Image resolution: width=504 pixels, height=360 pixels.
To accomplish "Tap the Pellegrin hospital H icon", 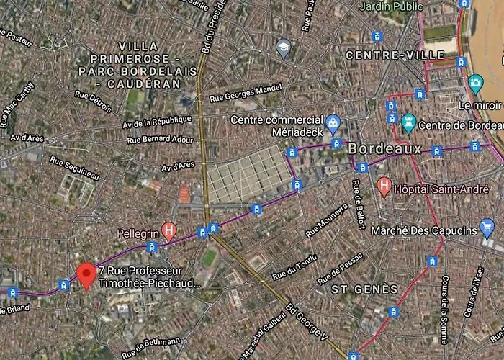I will point(169,231).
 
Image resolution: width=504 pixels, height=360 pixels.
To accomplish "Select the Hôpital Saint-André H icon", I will point(384,187).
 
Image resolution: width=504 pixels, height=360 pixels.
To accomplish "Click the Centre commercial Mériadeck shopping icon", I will point(333,123).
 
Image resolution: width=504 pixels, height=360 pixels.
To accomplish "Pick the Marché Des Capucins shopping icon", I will point(487,230).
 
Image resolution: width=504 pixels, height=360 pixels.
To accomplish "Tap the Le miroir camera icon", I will point(475,84).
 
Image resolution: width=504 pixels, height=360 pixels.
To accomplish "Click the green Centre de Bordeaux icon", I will point(408,124).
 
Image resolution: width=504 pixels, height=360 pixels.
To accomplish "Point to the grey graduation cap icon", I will point(284,48).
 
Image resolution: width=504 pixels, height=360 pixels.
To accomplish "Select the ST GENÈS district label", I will point(364,289).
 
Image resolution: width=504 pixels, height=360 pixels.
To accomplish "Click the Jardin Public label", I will point(392,7).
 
